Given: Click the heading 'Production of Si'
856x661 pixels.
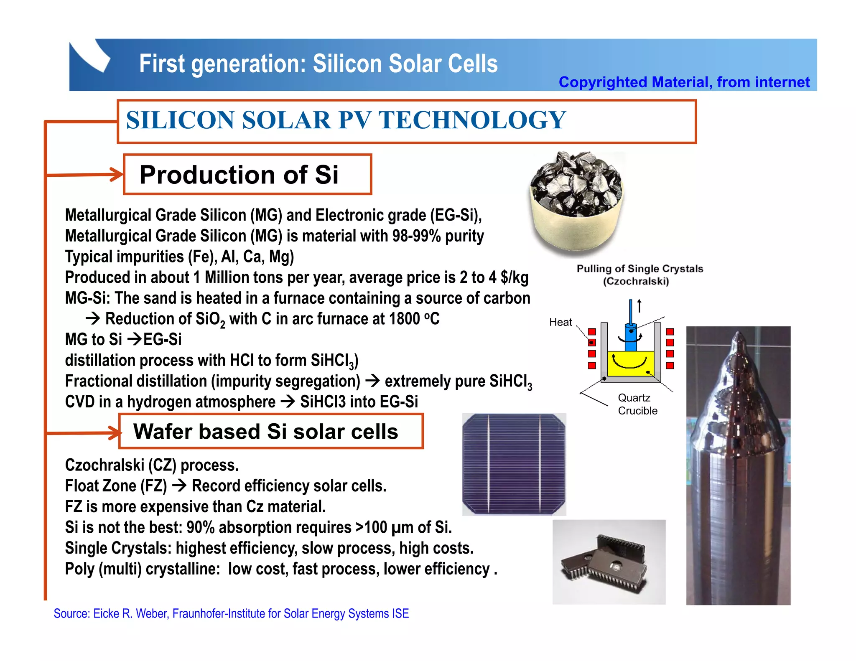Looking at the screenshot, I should click(x=239, y=175).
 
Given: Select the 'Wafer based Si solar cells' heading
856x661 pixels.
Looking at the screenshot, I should click(x=265, y=432).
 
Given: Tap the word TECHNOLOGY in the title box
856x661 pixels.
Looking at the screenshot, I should click(x=472, y=120).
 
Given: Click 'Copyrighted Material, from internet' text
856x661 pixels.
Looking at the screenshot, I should click(x=684, y=82).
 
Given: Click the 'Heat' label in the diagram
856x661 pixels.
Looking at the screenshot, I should click(x=560, y=322).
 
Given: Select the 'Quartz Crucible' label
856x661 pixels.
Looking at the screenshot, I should click(x=637, y=404).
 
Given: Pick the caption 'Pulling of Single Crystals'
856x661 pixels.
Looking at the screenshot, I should click(x=639, y=269).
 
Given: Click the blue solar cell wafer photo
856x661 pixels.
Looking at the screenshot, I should click(x=514, y=464).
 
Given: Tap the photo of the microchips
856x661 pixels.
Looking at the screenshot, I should click(x=609, y=562).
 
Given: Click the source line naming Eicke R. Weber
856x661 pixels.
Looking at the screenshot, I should click(x=231, y=613).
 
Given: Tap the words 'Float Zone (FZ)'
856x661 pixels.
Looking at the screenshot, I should click(x=116, y=486).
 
